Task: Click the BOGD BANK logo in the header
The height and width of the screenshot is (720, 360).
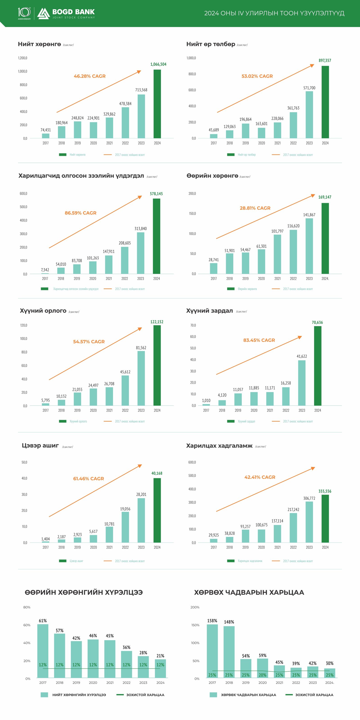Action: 66,13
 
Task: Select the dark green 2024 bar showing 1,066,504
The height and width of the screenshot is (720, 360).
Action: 157,104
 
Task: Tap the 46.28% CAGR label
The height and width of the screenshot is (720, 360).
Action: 90,76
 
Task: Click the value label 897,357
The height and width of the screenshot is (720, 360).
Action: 325,60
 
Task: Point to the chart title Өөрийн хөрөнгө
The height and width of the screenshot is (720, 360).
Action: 212,176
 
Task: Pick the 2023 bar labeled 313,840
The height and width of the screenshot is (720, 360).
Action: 141,253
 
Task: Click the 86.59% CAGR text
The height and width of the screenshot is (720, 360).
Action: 81,213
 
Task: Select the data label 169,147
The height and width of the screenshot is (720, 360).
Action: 325,197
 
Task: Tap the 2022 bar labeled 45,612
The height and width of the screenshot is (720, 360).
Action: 125,390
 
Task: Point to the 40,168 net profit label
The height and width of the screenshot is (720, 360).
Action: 157,473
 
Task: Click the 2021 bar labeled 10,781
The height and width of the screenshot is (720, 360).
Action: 109,534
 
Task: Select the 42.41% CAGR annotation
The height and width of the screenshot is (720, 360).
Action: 260,477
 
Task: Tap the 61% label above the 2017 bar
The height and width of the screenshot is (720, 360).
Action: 43,621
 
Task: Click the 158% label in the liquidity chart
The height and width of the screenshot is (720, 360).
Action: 212,621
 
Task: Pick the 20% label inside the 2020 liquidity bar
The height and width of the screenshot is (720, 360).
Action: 262,675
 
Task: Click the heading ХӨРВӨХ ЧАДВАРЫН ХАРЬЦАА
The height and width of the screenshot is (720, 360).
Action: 249,592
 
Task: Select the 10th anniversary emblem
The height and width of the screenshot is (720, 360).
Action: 24,13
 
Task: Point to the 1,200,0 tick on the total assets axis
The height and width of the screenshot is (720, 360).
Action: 23,58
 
